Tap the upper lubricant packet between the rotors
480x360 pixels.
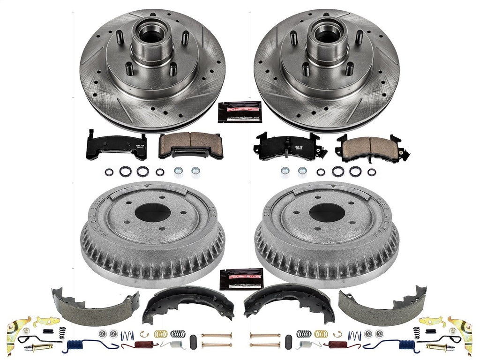click(x=240, y=112)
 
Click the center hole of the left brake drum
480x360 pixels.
click(x=152, y=213)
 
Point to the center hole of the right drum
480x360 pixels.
click(x=327, y=213)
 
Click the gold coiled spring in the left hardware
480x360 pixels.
click(x=161, y=334)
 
